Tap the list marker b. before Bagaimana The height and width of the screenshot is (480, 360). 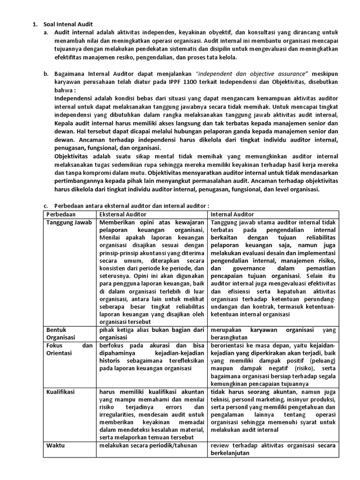(45, 74)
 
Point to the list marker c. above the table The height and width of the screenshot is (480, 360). (45, 205)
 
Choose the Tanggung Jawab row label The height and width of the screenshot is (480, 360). (69, 222)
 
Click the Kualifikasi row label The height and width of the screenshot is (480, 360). (61, 391)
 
